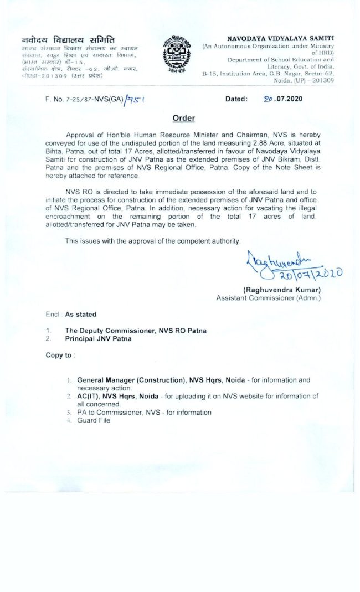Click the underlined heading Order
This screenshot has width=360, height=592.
pyautogui.click(x=183, y=118)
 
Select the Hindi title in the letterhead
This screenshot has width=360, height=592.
pyautogui.click(x=68, y=40)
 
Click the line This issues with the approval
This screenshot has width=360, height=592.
pyautogui.click(x=153, y=241)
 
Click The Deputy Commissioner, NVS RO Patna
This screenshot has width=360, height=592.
pyautogui.click(x=136, y=331)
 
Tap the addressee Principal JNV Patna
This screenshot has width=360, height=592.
pyautogui.click(x=99, y=338)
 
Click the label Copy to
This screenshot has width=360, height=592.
pyautogui.click(x=59, y=355)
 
